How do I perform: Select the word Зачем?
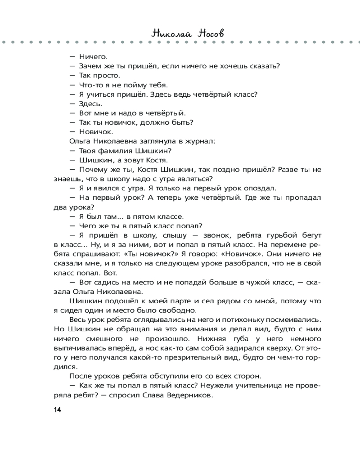(90, 66)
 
